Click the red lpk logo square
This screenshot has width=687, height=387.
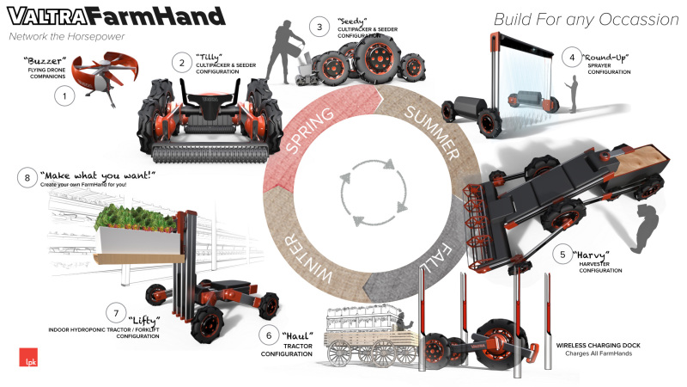[x=28, y=357]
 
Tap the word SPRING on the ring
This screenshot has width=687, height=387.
[x=309, y=130]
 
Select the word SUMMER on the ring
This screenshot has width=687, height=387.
[x=432, y=132]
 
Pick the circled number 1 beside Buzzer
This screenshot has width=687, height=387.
[x=64, y=95]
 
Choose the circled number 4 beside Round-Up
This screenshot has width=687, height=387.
[x=572, y=58]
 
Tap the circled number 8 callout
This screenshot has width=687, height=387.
[x=27, y=178]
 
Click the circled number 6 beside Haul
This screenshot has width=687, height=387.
[x=269, y=335]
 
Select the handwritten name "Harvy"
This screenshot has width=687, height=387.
[x=591, y=255]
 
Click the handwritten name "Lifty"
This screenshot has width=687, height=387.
[x=143, y=320]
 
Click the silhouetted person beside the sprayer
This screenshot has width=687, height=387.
[x=571, y=94]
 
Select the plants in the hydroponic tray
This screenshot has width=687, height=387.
[x=136, y=218]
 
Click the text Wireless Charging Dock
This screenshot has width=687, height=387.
[x=598, y=346]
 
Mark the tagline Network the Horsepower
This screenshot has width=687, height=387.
[x=67, y=36]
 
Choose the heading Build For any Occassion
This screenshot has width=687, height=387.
[x=587, y=19]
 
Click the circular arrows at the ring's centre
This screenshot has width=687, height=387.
[x=374, y=193]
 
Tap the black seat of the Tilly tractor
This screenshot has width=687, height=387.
[x=210, y=103]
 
